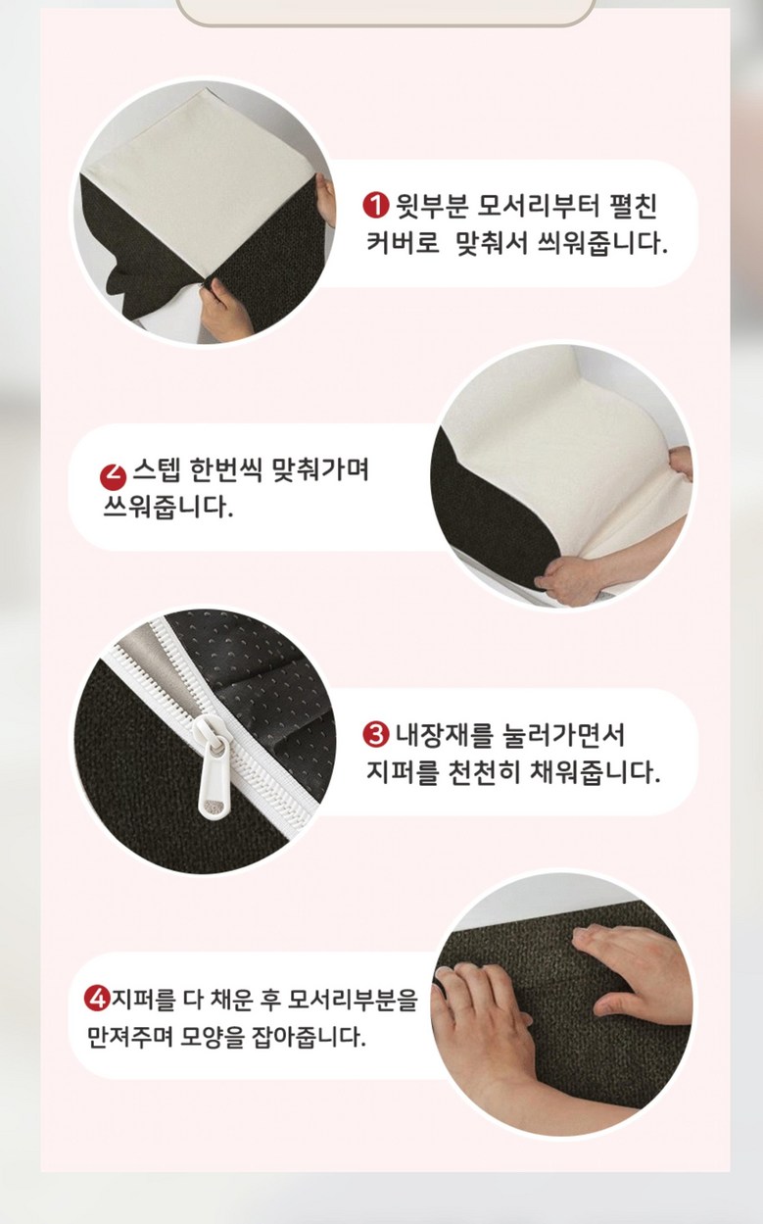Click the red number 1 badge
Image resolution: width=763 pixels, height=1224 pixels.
pyautogui.click(x=375, y=206)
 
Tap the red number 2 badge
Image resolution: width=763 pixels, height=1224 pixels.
pyautogui.click(x=113, y=476)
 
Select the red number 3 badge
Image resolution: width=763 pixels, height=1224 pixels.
pyautogui.click(x=376, y=734)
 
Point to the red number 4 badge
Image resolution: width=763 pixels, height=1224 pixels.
pyautogui.click(x=97, y=998)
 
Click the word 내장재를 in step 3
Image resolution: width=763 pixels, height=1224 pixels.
pyautogui.click(x=443, y=735)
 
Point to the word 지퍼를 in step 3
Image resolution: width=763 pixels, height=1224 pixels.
pyautogui.click(x=402, y=771)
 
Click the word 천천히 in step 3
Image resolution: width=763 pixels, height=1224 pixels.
pyautogui.click(x=484, y=771)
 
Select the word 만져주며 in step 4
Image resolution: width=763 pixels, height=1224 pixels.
pyautogui.click(x=130, y=1036)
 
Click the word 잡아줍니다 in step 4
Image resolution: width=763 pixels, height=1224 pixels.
pyautogui.click(x=307, y=1036)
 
